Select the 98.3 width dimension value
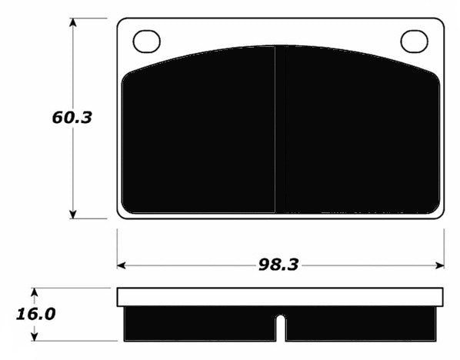(278, 265)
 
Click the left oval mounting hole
(146, 41)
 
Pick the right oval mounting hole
(414, 41)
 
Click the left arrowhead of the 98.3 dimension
(122, 265)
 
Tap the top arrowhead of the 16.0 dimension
(35, 293)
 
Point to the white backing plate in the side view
(281, 297)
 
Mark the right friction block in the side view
(362, 323)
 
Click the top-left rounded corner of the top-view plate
(122, 24)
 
